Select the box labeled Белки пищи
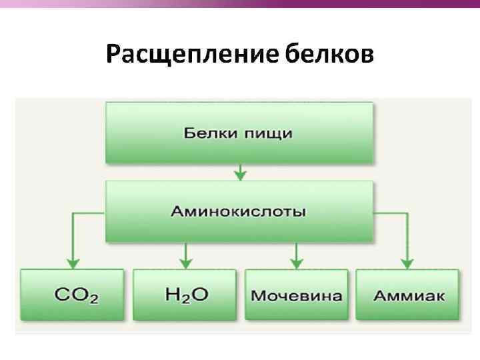tap(239, 133)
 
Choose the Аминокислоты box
tap(239, 211)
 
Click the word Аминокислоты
tap(239, 212)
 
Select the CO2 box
tap(72, 295)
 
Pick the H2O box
tap(185, 295)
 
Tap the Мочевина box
tap(297, 295)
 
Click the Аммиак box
tap(407, 295)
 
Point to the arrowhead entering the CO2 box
tap(73, 263)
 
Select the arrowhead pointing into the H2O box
tap(185, 263)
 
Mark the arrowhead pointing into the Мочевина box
tap(297, 263)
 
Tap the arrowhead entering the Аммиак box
tap(407, 263)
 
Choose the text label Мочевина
tap(297, 295)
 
